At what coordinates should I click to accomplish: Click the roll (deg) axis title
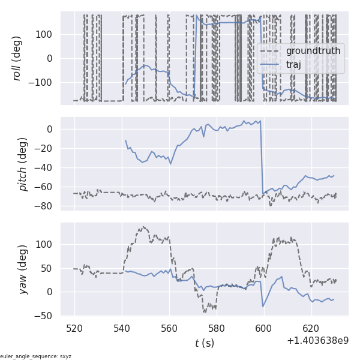click(x=17, y=58)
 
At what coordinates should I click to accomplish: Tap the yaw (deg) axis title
click(x=23, y=269)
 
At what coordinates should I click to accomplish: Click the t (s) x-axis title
click(x=204, y=343)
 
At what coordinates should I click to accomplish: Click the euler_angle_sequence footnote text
click(x=36, y=356)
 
